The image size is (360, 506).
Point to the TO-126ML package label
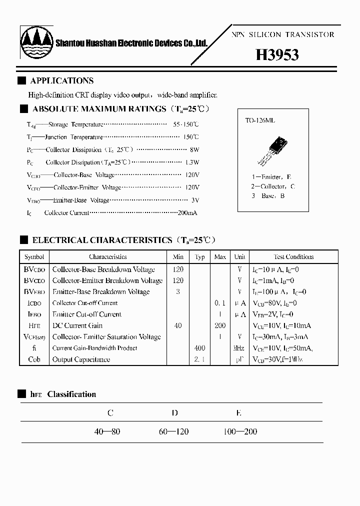[260, 120]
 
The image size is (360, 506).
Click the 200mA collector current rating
[187, 212]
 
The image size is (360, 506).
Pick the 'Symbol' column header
[34, 257]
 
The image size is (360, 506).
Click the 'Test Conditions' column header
[293, 257]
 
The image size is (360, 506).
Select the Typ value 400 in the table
[200, 348]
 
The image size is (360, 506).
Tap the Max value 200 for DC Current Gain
[220, 325]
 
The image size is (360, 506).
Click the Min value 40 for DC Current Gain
[178, 325]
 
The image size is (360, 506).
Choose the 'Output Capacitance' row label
[81, 359]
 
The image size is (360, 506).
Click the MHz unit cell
[239, 348]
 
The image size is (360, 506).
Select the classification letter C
[110, 413]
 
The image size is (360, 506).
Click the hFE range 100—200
[240, 431]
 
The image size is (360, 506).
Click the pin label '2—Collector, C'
[273, 186]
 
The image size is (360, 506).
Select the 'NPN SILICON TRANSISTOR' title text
[283, 35]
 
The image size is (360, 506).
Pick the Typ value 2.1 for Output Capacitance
[200, 359]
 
